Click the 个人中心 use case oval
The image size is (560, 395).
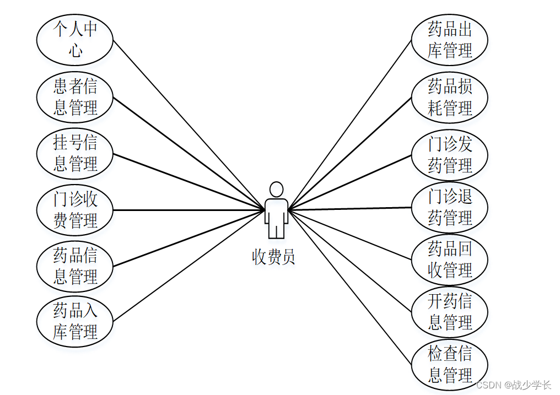pyautogui.click(x=74, y=40)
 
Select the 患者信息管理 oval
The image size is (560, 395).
pyautogui.click(x=74, y=96)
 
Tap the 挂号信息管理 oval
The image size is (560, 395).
pyautogui.click(x=74, y=153)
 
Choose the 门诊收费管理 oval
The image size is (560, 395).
pyautogui.click(x=74, y=210)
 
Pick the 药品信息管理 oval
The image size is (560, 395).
pyautogui.click(x=74, y=266)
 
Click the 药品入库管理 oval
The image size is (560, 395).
pyautogui.click(x=74, y=321)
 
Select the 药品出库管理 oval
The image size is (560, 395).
pyautogui.click(x=450, y=40)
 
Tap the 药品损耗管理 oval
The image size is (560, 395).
pyautogui.click(x=450, y=97)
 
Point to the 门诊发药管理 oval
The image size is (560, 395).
pyautogui.click(x=450, y=155)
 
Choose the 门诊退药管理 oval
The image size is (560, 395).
pyautogui.click(x=450, y=207)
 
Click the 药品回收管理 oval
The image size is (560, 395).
pyautogui.click(x=450, y=259)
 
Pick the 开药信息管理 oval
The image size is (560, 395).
pyautogui.click(x=450, y=312)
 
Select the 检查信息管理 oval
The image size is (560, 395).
pyautogui.click(x=450, y=364)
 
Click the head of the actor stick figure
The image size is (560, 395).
pyautogui.click(x=276, y=189)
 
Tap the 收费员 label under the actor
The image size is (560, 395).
pyautogui.click(x=274, y=257)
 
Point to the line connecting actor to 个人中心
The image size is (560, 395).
pyautogui.click(x=187, y=124)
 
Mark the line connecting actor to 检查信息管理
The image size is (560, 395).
pyautogui.click(x=349, y=286)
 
